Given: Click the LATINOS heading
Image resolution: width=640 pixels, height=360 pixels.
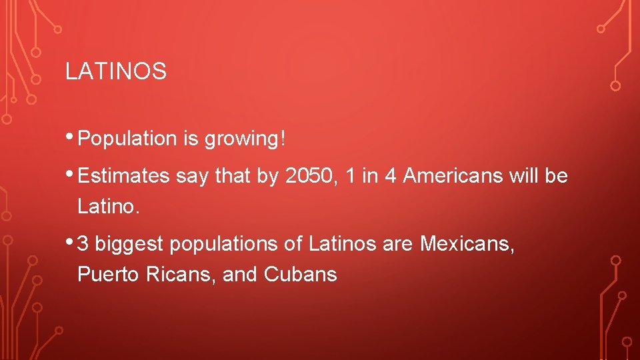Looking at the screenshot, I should (x=115, y=72).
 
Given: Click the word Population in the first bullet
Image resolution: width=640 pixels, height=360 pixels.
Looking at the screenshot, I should (x=126, y=139).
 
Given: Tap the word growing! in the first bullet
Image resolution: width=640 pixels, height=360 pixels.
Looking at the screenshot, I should (x=245, y=139).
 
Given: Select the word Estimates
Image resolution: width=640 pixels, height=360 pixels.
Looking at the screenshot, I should (x=124, y=176).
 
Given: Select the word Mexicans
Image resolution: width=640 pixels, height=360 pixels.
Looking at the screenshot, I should (x=467, y=244).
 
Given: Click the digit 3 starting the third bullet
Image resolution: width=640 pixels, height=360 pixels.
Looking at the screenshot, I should (x=83, y=244).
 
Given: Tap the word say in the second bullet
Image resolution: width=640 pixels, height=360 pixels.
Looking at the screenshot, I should (x=189, y=176).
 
